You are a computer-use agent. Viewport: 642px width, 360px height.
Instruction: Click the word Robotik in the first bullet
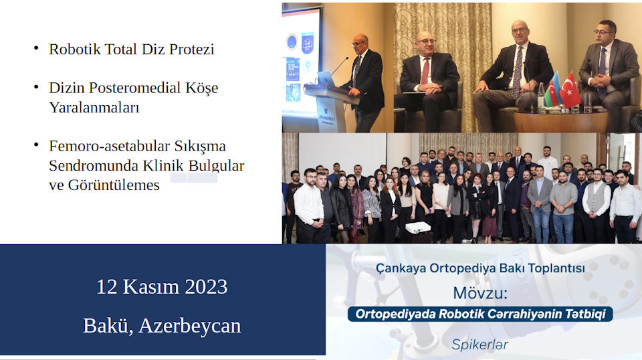click(x=75, y=49)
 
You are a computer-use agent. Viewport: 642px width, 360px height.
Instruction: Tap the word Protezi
click(x=192, y=49)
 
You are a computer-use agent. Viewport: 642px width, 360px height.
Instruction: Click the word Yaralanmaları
click(x=94, y=107)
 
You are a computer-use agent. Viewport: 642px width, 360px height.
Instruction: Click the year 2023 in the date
click(x=206, y=286)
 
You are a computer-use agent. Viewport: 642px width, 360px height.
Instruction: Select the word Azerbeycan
click(x=190, y=326)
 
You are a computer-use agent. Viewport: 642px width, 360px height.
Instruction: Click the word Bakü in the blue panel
click(x=108, y=326)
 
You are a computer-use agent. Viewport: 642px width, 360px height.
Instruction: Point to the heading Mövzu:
click(x=480, y=293)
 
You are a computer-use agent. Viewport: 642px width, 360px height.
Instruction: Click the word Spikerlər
click(x=479, y=345)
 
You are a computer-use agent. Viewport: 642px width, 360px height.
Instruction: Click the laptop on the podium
click(x=326, y=79)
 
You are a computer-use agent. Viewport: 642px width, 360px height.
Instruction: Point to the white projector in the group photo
click(x=417, y=228)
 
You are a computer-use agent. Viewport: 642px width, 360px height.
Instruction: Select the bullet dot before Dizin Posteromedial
click(x=36, y=87)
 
